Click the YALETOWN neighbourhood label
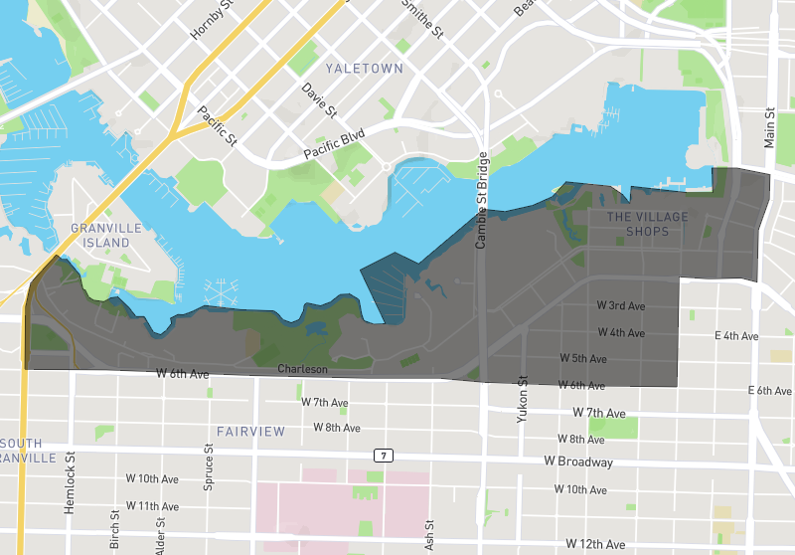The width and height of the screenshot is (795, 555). tap(365, 69)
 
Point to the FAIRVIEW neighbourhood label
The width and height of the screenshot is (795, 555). tap(250, 432)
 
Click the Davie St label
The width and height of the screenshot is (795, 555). tap(319, 100)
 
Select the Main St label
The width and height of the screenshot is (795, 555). tap(769, 128)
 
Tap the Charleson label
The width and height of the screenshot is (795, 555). tap(302, 369)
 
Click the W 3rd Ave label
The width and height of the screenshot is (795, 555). tap(621, 305)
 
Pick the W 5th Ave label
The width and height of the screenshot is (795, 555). tap(583, 358)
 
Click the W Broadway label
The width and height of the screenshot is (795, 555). tap(578, 462)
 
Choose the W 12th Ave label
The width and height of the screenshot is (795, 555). tap(596, 544)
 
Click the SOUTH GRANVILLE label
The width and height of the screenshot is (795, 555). tap(27, 450)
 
